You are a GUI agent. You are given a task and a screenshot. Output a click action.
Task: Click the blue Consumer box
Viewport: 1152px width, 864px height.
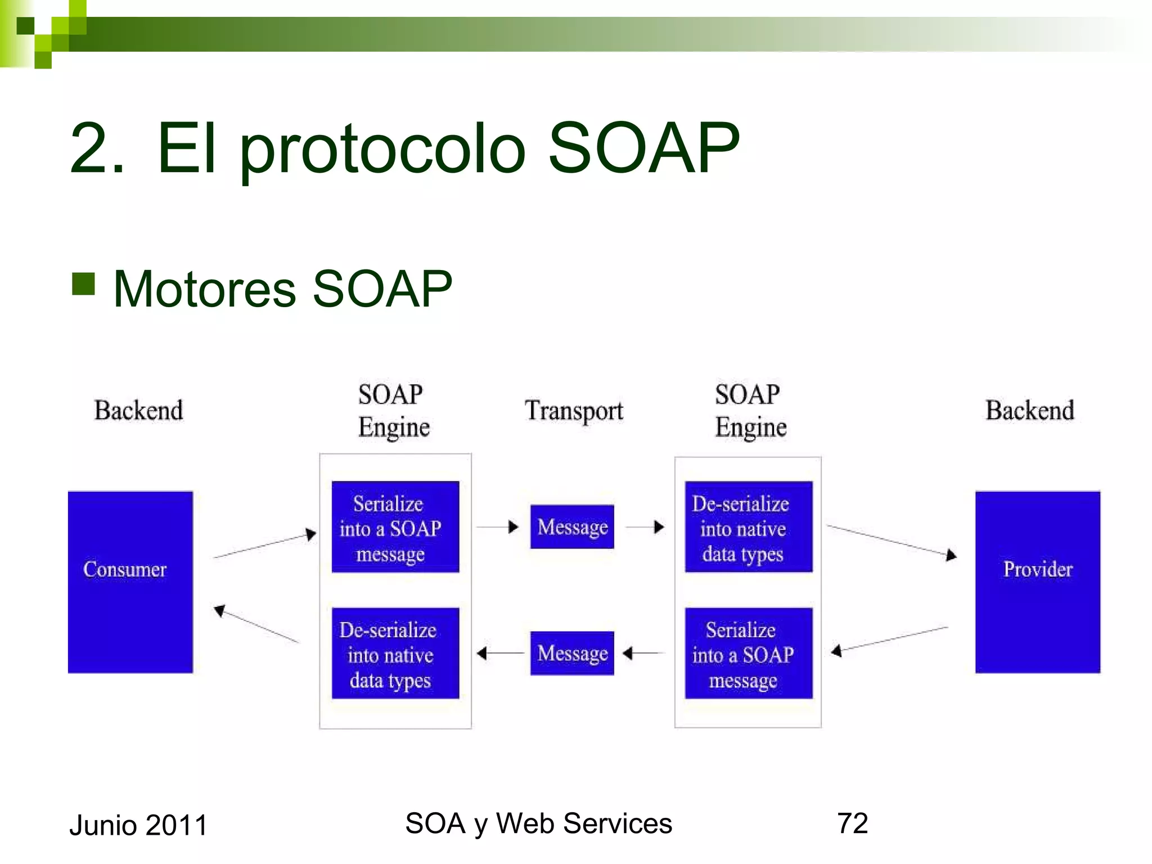point(130,582)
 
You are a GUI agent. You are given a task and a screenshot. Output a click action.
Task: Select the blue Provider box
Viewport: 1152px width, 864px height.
point(1037,582)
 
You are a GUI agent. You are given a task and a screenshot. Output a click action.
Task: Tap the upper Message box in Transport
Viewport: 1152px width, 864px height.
point(572,526)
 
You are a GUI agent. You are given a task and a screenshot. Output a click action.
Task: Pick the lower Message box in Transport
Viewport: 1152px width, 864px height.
point(572,653)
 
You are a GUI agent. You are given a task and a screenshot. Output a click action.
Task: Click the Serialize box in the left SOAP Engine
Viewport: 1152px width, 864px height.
point(395,526)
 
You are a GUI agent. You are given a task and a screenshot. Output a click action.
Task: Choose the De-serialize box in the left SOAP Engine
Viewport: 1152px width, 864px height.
point(395,653)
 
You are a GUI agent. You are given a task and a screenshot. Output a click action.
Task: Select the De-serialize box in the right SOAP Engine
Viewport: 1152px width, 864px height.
point(748,526)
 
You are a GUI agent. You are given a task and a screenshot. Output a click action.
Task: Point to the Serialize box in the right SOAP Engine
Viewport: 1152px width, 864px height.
point(748,653)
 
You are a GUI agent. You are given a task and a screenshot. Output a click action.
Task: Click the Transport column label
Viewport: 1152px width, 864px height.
point(574,411)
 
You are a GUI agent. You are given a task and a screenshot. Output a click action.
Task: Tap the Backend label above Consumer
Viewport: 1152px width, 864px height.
point(138,411)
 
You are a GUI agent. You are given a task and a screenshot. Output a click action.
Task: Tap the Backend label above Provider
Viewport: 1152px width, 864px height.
point(1029,411)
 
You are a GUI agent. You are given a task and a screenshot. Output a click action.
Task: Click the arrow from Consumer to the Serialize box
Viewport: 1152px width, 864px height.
point(264,544)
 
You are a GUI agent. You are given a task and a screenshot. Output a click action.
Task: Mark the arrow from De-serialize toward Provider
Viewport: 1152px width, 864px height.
point(892,541)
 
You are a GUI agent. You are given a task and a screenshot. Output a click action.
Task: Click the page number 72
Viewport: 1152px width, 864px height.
point(852,823)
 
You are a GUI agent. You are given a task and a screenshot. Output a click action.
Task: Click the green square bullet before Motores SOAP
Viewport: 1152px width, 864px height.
point(83,284)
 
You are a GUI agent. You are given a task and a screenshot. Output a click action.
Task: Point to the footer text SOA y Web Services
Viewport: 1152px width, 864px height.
point(538,823)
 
